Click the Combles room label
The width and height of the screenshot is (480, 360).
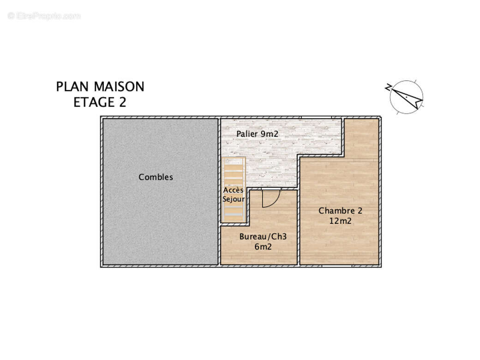pos(156,177)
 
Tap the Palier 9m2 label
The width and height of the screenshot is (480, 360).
pos(258,134)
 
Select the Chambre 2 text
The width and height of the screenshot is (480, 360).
pos(340,211)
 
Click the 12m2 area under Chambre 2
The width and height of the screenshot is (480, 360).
pos(340,221)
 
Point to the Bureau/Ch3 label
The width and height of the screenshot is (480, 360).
pos(263,237)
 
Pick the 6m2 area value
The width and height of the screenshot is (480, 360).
pos(263,247)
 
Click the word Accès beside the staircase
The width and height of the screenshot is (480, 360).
pos(233,190)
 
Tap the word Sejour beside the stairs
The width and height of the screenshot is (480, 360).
pos(234,199)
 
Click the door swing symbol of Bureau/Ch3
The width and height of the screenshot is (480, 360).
pos(270,198)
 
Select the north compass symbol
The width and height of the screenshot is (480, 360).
pos(407,97)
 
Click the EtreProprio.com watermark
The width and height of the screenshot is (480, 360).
pos(44,16)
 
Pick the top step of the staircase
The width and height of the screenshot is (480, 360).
pos(234,162)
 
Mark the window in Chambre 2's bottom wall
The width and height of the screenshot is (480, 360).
pos(337,266)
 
